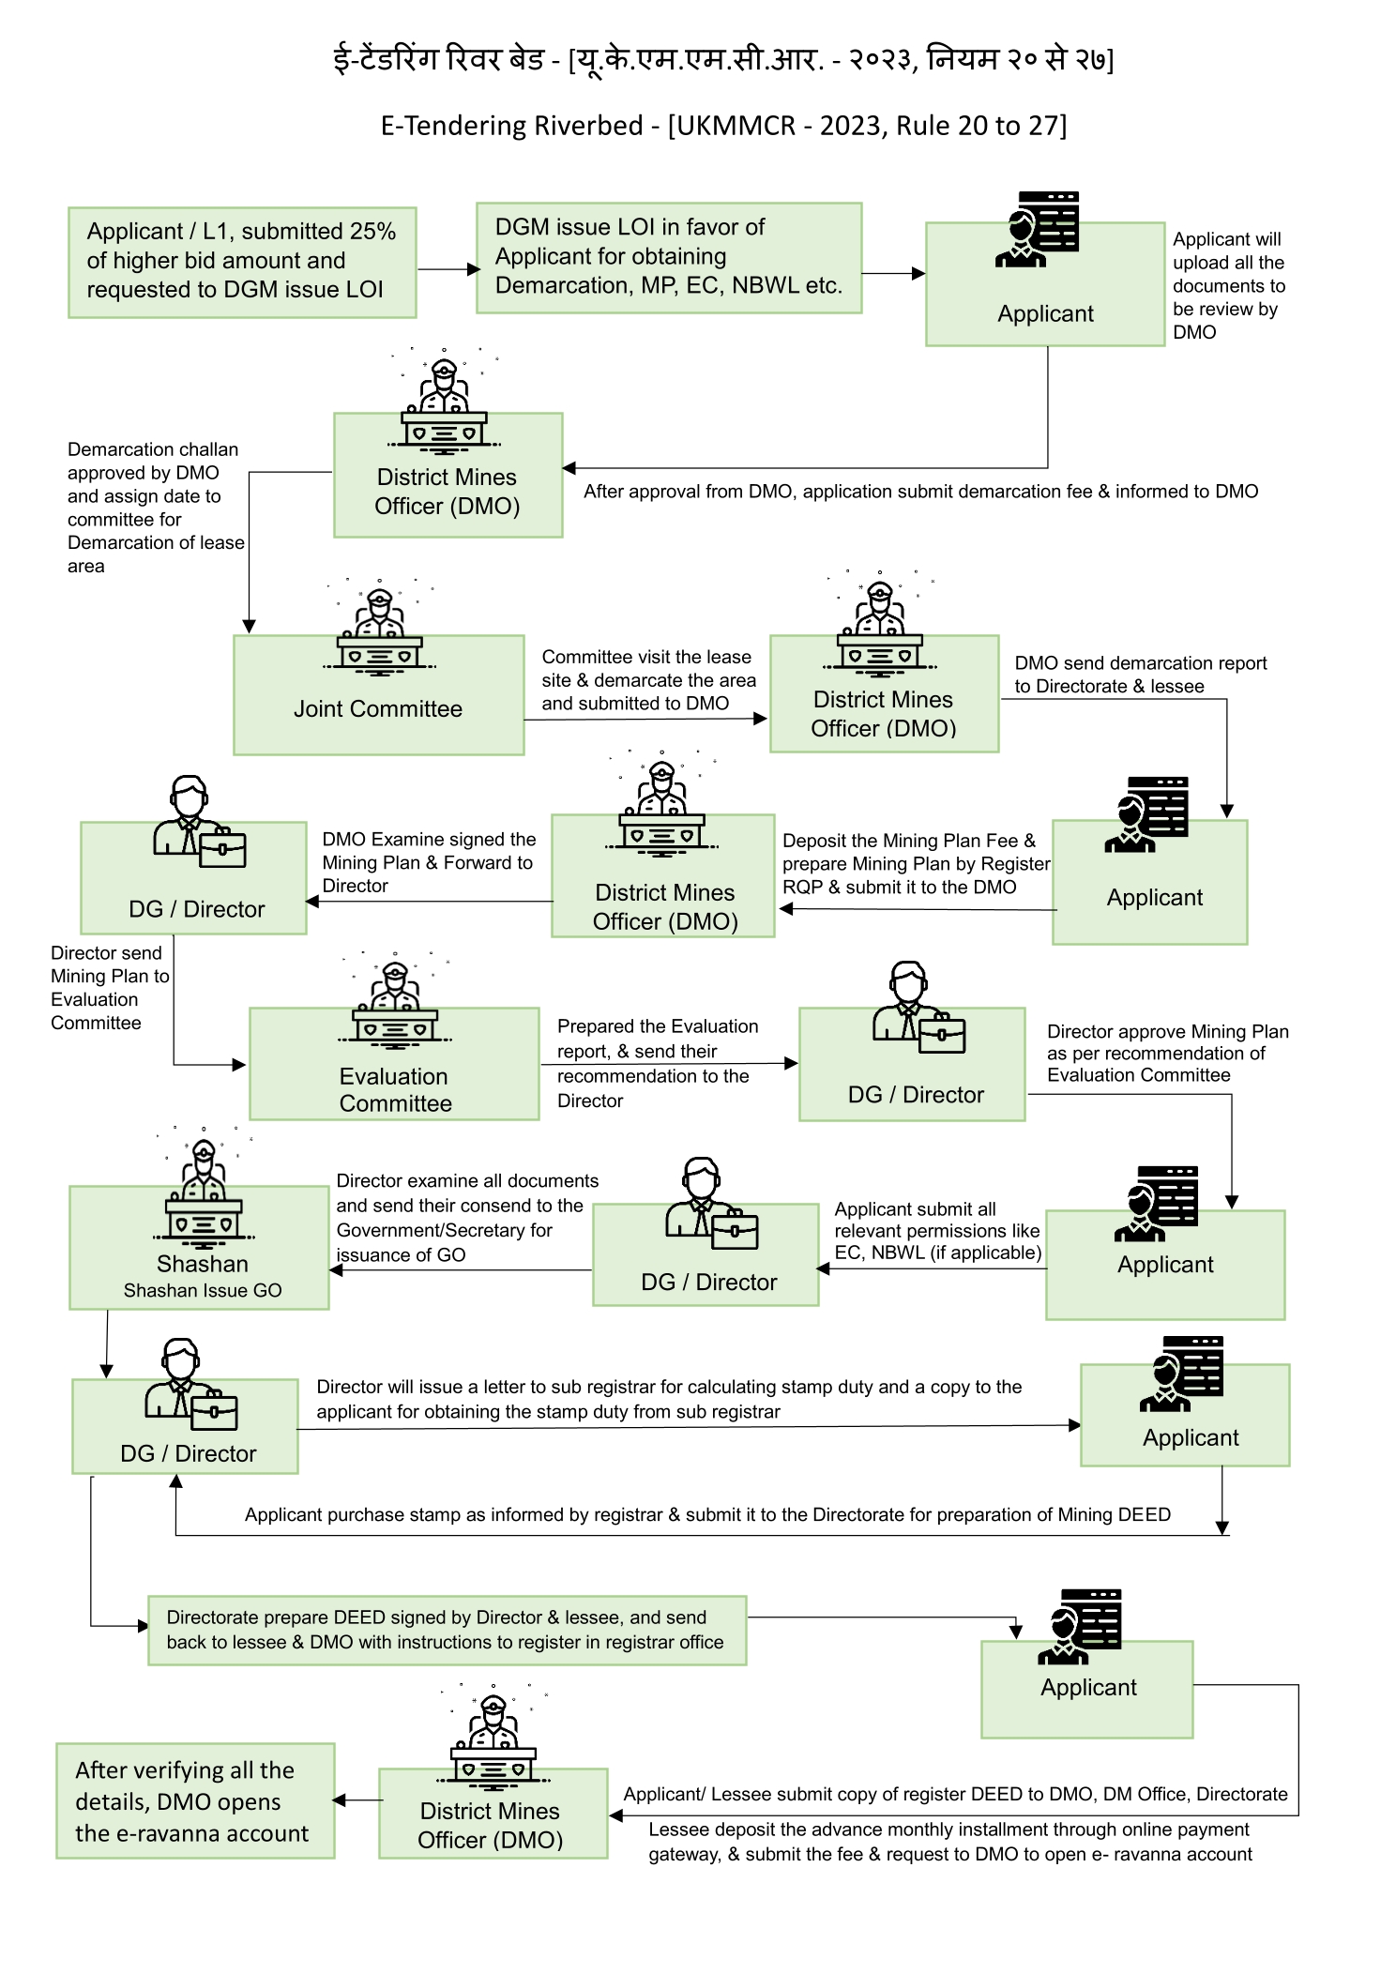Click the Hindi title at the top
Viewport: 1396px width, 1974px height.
tap(723, 59)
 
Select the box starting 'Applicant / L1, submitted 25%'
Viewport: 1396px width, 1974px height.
tap(242, 263)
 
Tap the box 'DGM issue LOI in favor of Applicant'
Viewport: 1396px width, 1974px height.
tap(669, 258)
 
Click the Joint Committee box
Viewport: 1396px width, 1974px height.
tap(379, 695)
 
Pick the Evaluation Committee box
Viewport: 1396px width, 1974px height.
tap(394, 1064)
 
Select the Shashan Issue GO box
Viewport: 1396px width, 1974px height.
tap(199, 1248)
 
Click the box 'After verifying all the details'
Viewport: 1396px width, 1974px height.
tap(195, 1800)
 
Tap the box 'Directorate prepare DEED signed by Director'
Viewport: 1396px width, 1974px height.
tap(448, 1631)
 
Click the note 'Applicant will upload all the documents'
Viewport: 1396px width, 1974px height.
tap(1228, 285)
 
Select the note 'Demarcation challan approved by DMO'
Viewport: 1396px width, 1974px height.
tap(156, 508)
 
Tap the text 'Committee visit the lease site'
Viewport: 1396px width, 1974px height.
tap(648, 680)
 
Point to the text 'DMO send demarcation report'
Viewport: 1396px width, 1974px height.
tap(1140, 675)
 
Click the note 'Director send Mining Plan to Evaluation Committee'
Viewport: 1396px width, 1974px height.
tap(110, 988)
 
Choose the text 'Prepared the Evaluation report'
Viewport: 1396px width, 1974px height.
tap(658, 1063)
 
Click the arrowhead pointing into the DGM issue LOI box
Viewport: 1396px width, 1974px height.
tap(474, 269)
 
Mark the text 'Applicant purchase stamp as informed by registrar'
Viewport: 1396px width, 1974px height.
tap(707, 1514)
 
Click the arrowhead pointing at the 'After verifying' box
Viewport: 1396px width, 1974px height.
tap(340, 1799)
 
